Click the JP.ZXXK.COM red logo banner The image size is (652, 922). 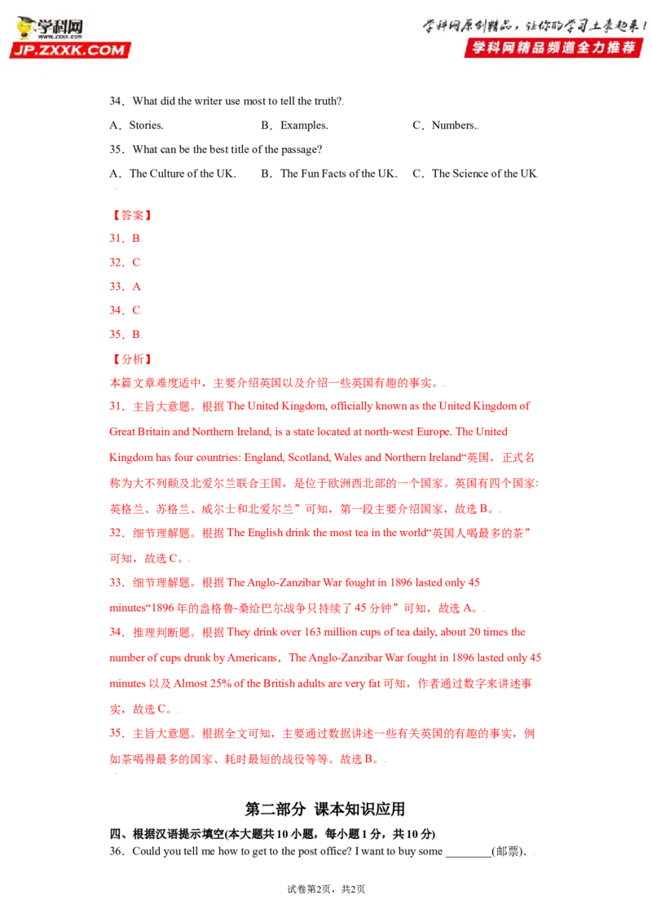pyautogui.click(x=69, y=50)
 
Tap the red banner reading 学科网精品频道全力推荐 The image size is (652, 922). pyautogui.click(x=553, y=47)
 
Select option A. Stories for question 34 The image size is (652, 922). pyautogui.click(x=137, y=125)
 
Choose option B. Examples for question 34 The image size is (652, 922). pyautogui.click(x=294, y=125)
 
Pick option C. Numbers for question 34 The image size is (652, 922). pyautogui.click(x=445, y=125)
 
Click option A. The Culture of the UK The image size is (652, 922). pyautogui.click(x=173, y=173)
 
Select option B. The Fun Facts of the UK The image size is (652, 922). pyautogui.click(x=329, y=173)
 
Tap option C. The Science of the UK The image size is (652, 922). pyautogui.click(x=475, y=173)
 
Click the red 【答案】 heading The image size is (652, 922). pyautogui.click(x=132, y=215)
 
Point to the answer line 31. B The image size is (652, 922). pyautogui.click(x=126, y=238)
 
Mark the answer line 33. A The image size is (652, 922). pyautogui.click(x=126, y=287)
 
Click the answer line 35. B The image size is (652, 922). pyautogui.click(x=126, y=335)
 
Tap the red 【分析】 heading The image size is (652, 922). pyautogui.click(x=132, y=359)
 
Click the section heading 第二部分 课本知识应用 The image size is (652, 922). pyautogui.click(x=325, y=809)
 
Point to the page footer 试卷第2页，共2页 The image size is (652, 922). pyautogui.click(x=326, y=889)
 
